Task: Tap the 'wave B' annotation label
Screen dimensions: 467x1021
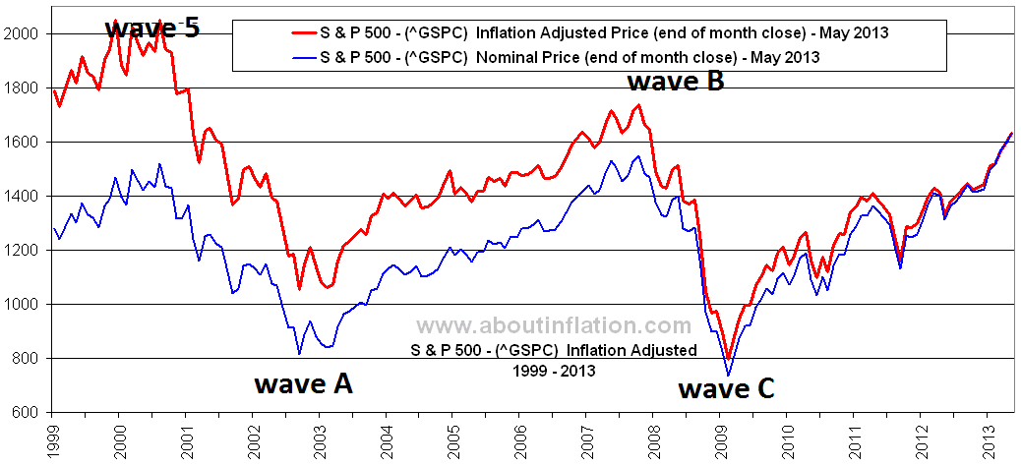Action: tap(676, 81)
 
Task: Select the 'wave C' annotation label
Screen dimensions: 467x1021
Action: tap(727, 389)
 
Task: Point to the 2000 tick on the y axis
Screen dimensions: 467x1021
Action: tap(24, 33)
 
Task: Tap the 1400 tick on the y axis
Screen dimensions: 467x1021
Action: tap(24, 197)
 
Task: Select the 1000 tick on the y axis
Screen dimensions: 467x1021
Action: tap(24, 305)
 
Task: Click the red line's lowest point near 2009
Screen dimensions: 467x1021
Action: tap(727, 361)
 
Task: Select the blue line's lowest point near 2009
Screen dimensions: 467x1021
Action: tap(728, 375)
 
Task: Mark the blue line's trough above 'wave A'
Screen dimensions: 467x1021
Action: tap(299, 353)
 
